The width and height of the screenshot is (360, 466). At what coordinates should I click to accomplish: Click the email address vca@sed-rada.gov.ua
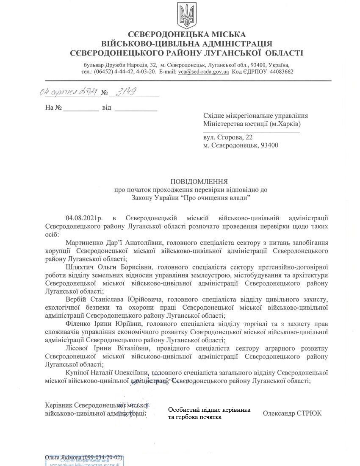point(203,72)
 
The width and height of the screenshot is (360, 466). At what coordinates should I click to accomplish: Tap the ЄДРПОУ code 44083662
point(278,72)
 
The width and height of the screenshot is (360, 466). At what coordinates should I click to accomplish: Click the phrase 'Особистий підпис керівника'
point(209,410)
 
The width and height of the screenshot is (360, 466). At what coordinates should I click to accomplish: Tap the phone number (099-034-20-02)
point(103,458)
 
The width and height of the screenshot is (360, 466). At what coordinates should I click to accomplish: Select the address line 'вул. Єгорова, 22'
point(228,137)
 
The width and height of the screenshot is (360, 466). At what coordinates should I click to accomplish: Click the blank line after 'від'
point(136,108)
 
